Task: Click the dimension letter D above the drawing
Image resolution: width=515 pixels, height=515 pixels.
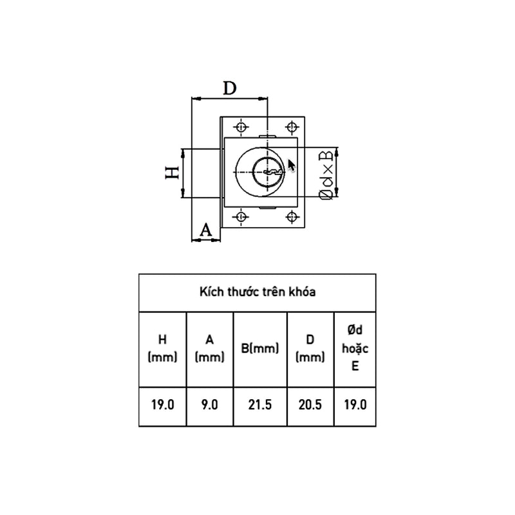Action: [x=230, y=88]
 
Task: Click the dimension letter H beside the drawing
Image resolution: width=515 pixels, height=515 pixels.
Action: [x=172, y=173]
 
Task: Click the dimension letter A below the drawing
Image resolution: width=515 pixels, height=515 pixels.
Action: [x=206, y=230]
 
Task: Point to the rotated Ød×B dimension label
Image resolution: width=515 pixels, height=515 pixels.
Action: [x=326, y=175]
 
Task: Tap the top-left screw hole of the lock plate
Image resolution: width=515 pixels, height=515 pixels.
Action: [x=241, y=127]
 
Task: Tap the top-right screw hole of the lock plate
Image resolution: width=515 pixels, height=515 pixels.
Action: [x=292, y=127]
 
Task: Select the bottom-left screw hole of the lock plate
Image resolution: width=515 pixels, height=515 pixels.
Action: [x=241, y=217]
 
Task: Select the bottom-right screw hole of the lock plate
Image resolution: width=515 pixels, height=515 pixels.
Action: [x=292, y=217]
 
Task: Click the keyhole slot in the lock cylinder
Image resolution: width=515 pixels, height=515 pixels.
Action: [x=272, y=172]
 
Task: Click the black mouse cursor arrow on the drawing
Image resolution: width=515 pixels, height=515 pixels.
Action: [x=292, y=165]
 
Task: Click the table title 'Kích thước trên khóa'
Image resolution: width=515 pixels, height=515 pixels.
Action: [x=257, y=292]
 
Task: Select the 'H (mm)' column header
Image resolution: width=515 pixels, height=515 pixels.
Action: [x=163, y=348]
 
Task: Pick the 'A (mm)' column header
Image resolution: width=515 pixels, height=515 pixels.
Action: [x=210, y=348]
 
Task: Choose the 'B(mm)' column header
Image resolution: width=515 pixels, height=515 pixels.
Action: [x=260, y=348]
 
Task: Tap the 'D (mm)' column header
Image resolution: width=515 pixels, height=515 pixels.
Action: [x=310, y=348]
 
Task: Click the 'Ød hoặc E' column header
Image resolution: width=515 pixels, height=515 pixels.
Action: [x=355, y=348]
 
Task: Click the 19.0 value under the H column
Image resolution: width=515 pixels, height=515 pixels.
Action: [x=163, y=405]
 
